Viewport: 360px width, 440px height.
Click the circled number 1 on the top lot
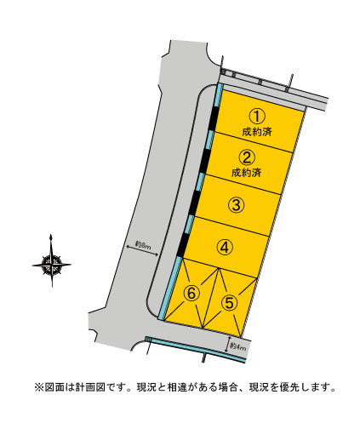click(257, 117)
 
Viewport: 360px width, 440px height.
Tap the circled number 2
click(247, 157)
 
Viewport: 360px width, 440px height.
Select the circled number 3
click(236, 204)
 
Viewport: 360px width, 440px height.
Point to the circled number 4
click(225, 248)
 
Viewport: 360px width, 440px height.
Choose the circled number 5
click(229, 302)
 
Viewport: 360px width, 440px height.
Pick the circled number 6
click(191, 293)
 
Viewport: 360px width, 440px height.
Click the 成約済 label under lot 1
click(257, 132)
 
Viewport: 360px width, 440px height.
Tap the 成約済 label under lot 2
click(246, 173)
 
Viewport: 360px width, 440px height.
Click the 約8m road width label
click(142, 244)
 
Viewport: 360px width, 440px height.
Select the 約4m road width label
click(237, 346)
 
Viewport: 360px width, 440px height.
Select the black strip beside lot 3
click(193, 203)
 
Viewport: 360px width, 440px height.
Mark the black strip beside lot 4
click(182, 245)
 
